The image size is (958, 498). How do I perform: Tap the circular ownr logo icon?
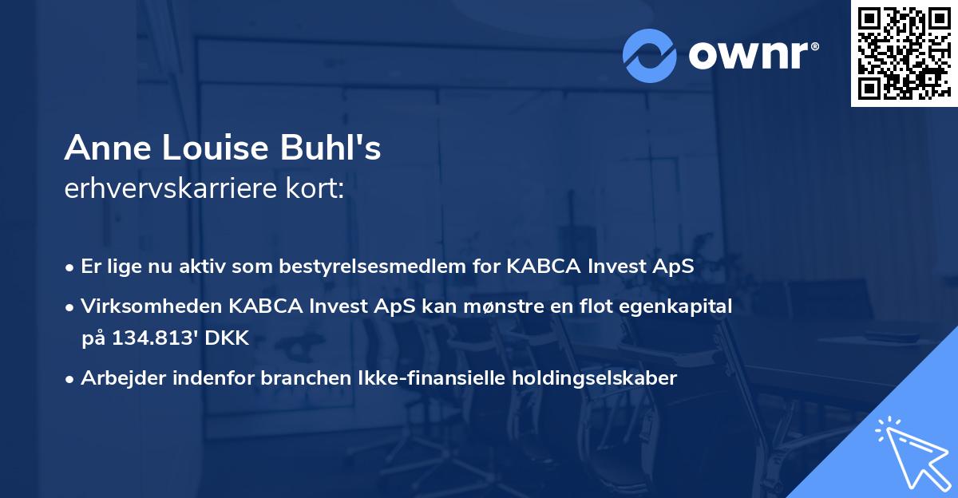coord(650,54)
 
